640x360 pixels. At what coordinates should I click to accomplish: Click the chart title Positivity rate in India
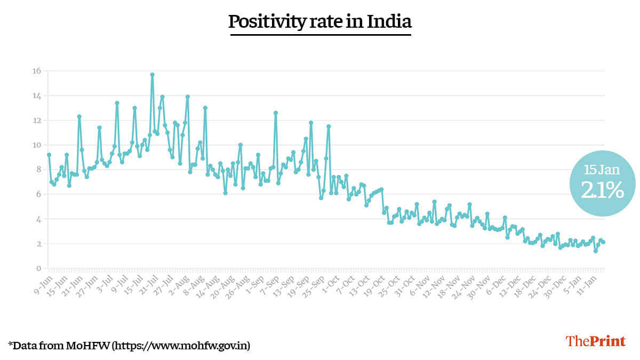point(320,22)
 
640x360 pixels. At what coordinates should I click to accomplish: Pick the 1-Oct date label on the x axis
point(330,281)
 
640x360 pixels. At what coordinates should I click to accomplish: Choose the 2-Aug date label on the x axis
point(179,281)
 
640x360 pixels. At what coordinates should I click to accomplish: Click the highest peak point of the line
point(152,75)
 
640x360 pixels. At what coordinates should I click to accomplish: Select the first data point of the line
point(49,155)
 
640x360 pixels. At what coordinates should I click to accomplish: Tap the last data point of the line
point(603,242)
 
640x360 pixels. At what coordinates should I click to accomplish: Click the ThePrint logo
point(595,341)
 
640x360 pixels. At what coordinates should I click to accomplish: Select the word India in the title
point(388,22)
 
